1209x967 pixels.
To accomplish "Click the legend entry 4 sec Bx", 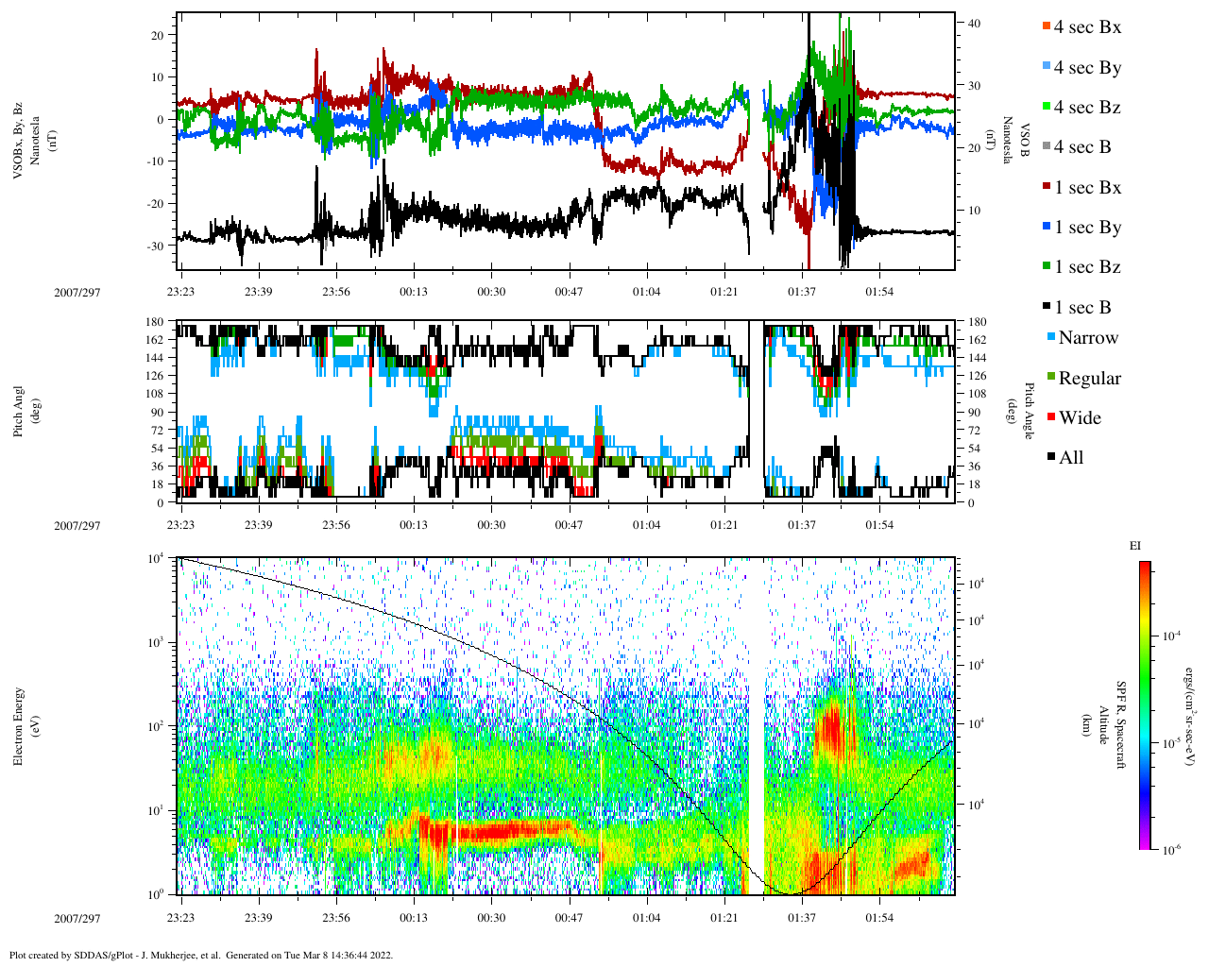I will [1086, 27].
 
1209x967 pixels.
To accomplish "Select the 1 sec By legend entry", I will [1086, 228].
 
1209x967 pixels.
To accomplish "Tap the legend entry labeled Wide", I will [1079, 418].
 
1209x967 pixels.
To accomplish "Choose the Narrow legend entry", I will [1087, 338].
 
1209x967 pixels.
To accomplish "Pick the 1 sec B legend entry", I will [1081, 308].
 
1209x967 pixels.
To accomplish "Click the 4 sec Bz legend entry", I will [1086, 108].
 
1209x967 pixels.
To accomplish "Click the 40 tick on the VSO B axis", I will [974, 23].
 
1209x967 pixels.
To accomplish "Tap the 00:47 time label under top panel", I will [569, 292].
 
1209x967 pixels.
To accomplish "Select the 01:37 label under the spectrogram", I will [802, 918].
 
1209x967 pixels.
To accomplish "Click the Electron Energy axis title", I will [19, 725].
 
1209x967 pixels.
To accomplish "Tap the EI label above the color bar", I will [1135, 546].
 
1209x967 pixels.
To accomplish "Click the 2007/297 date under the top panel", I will [77, 292].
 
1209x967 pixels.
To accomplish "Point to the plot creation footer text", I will [201, 955].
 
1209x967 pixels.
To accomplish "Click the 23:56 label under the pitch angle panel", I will [335, 525].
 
